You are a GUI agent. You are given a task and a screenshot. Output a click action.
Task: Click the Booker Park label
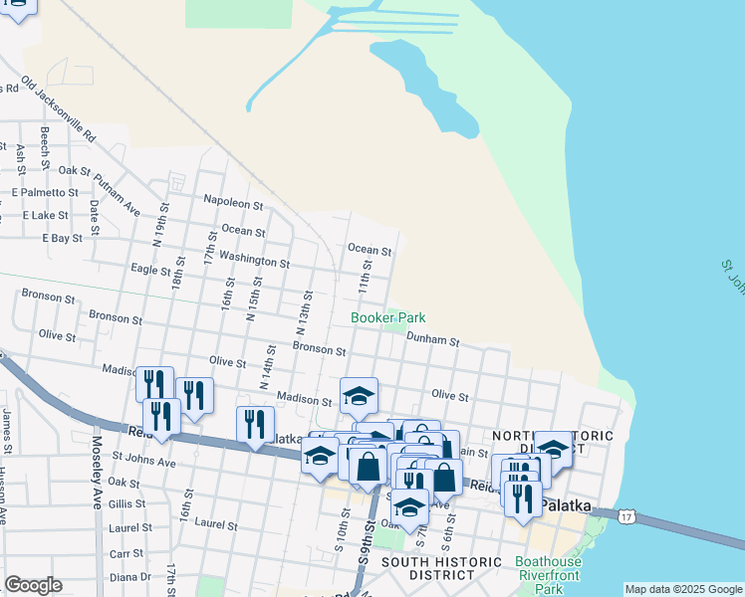(x=387, y=317)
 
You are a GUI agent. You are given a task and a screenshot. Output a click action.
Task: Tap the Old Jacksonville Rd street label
(x=58, y=108)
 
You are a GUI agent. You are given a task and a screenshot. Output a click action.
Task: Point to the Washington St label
(x=254, y=260)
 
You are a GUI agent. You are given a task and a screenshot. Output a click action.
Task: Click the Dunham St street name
(x=432, y=339)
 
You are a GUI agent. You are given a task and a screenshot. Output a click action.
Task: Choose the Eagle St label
(x=151, y=269)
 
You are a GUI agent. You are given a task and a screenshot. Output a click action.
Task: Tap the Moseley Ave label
(x=98, y=482)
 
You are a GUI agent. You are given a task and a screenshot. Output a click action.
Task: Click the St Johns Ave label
(x=143, y=462)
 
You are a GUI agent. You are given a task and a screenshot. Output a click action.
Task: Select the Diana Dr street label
(x=130, y=576)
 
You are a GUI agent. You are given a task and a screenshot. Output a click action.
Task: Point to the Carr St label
(x=125, y=552)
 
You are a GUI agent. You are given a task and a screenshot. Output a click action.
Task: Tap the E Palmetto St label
(x=44, y=192)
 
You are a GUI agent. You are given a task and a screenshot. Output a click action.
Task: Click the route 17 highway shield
(x=624, y=515)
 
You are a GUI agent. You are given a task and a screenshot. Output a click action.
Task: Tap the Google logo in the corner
(x=33, y=585)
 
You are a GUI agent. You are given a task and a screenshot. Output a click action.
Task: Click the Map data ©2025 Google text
(x=683, y=589)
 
